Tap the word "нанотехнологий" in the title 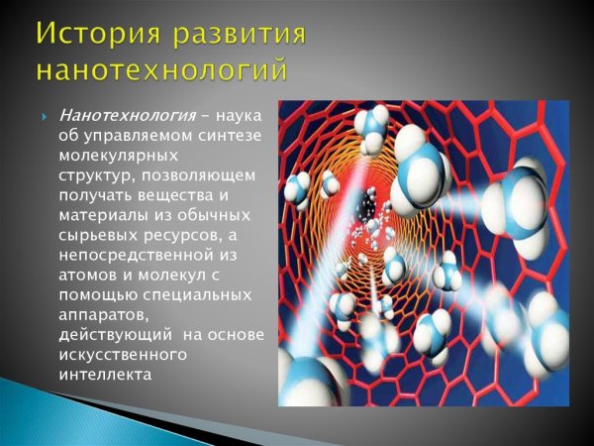click(163, 70)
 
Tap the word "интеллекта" click(107, 374)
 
